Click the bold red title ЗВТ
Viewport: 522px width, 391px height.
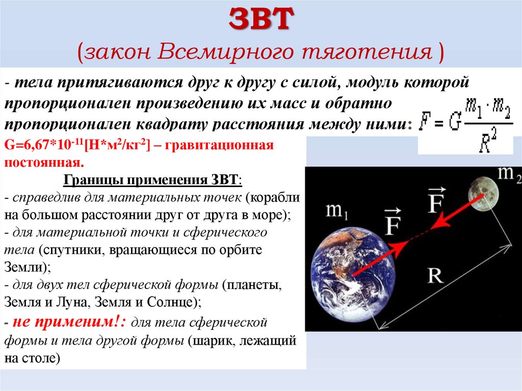(x=260, y=20)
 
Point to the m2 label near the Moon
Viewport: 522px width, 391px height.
(x=509, y=173)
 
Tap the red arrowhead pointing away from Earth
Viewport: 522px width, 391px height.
(x=398, y=248)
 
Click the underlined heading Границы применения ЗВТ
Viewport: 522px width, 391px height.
(x=152, y=181)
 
